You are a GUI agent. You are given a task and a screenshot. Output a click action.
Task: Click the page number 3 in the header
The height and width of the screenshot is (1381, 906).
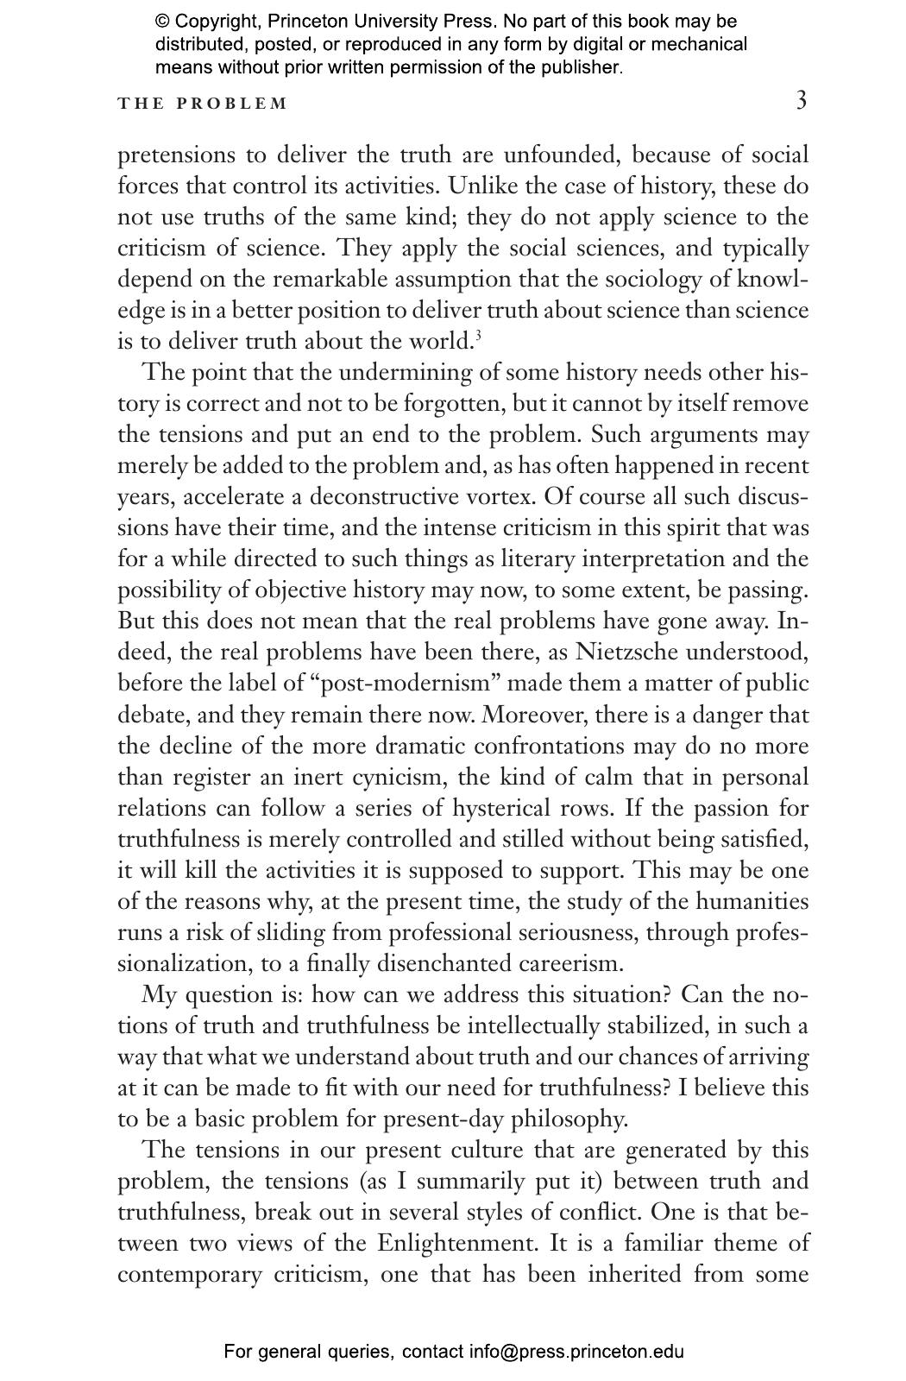pyautogui.click(x=802, y=101)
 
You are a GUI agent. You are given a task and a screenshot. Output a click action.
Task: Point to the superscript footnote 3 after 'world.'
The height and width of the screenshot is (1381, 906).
pyautogui.click(x=478, y=335)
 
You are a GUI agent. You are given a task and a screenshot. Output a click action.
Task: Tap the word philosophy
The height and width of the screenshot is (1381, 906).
pyautogui.click(x=569, y=1119)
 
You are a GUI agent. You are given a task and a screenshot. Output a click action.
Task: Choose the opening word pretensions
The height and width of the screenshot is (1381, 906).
pyautogui.click(x=175, y=156)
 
